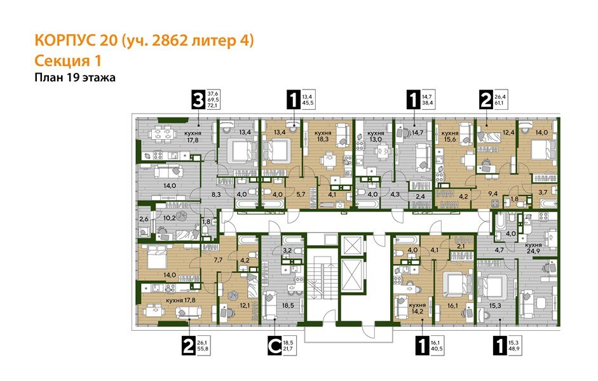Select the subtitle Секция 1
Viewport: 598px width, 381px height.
[x=67, y=60]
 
